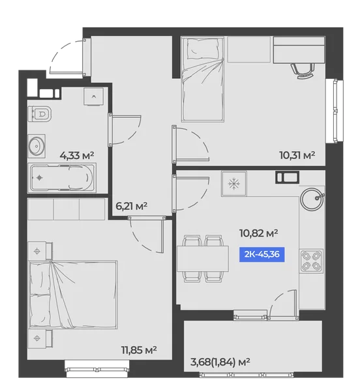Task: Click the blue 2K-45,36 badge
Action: tap(262, 254)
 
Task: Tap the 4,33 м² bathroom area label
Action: tap(77, 156)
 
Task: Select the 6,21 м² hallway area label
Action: tap(132, 206)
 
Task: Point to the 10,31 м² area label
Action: tap(297, 155)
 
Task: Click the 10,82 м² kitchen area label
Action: tap(258, 233)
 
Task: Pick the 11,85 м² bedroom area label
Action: tap(139, 350)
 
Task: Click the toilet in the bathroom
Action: tap(40, 114)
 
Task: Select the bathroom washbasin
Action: tap(37, 146)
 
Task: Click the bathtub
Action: tap(61, 177)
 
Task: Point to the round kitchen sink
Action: tap(312, 199)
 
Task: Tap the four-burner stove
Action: tap(311, 261)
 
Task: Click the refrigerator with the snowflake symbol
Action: tap(234, 184)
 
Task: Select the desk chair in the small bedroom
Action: tap(303, 70)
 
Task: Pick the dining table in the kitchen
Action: tap(203, 259)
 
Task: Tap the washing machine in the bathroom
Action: tap(93, 96)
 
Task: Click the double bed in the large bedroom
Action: tap(73, 295)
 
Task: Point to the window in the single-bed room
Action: tap(335, 111)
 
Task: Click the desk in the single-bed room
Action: tap(299, 50)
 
